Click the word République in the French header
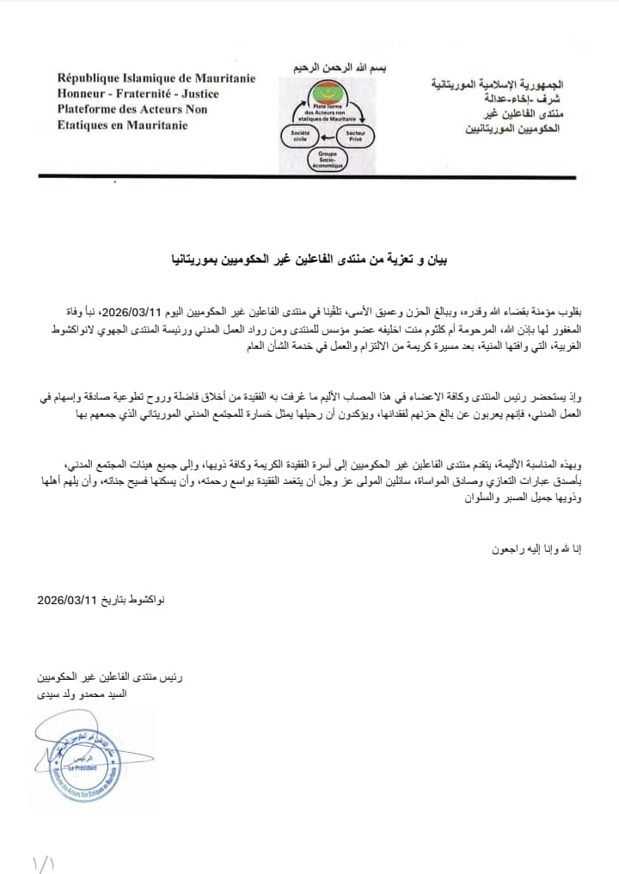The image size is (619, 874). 88,78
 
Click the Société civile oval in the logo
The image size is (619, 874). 300,136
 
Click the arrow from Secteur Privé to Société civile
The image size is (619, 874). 326,136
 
